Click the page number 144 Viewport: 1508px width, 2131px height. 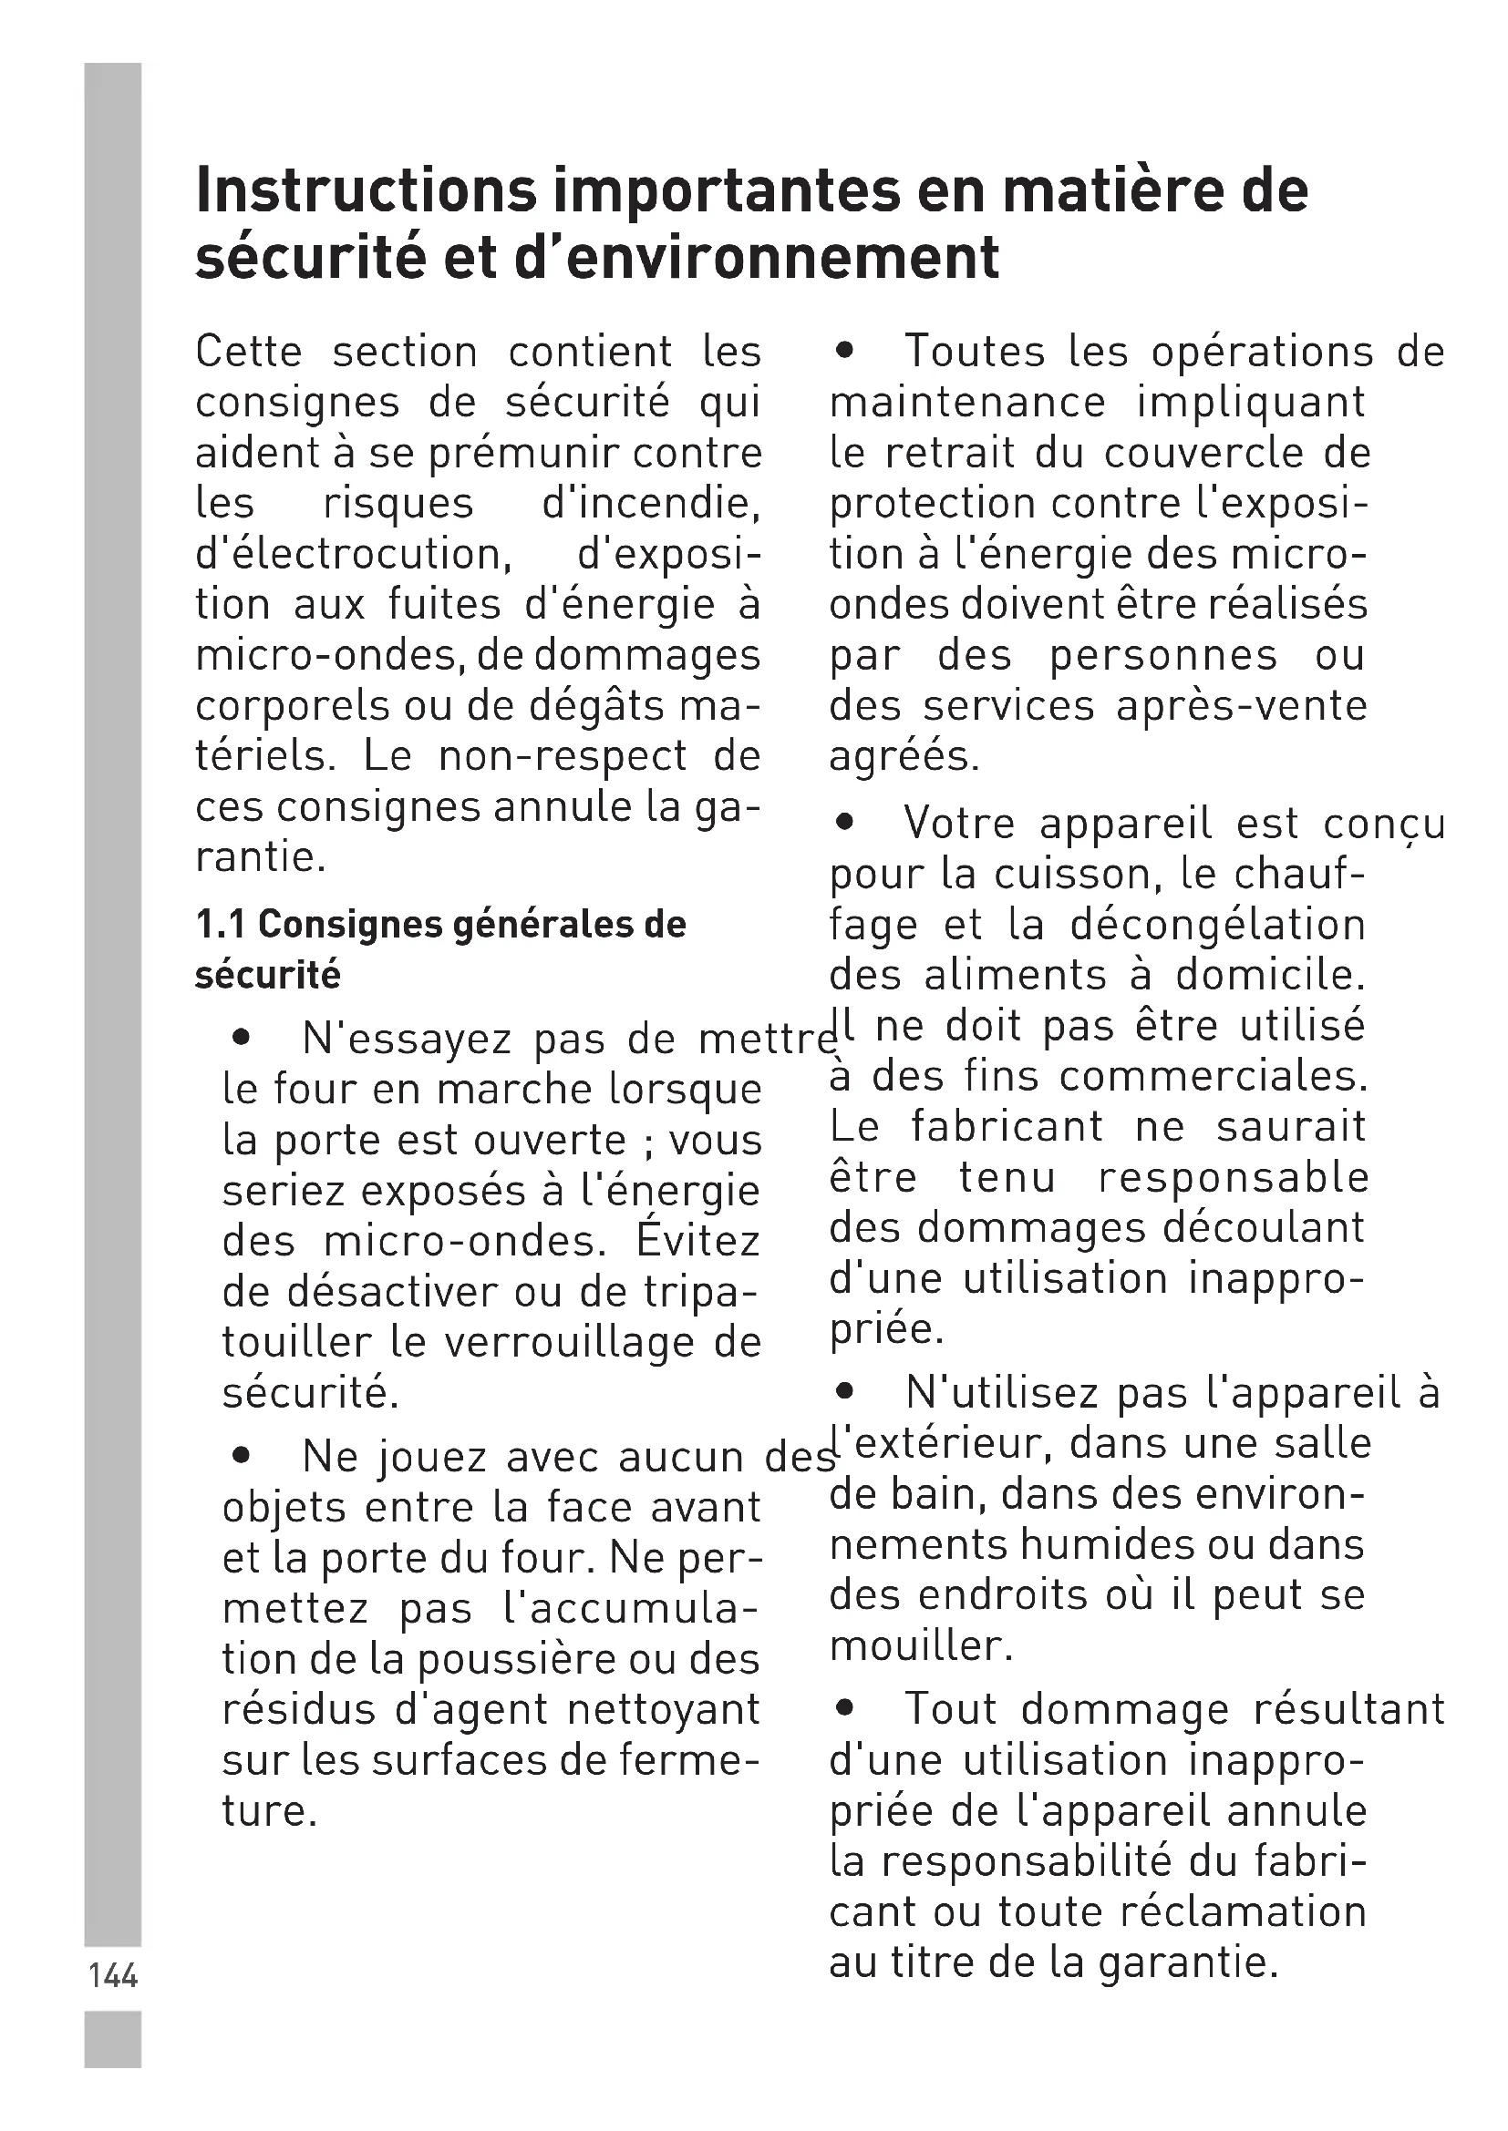[x=112, y=1975]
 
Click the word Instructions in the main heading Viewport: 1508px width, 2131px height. [x=366, y=190]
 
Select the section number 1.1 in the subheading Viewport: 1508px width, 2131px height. [x=219, y=925]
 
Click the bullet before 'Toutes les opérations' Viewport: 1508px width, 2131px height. [x=843, y=352]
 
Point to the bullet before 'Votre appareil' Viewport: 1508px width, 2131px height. [x=843, y=823]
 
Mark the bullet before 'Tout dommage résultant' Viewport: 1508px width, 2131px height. [x=843, y=1707]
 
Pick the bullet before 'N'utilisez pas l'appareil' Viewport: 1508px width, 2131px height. [x=843, y=1392]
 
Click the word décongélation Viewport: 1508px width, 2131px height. [x=1217, y=926]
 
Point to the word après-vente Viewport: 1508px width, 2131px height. [x=1242, y=706]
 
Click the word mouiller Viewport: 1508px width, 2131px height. [x=919, y=1645]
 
